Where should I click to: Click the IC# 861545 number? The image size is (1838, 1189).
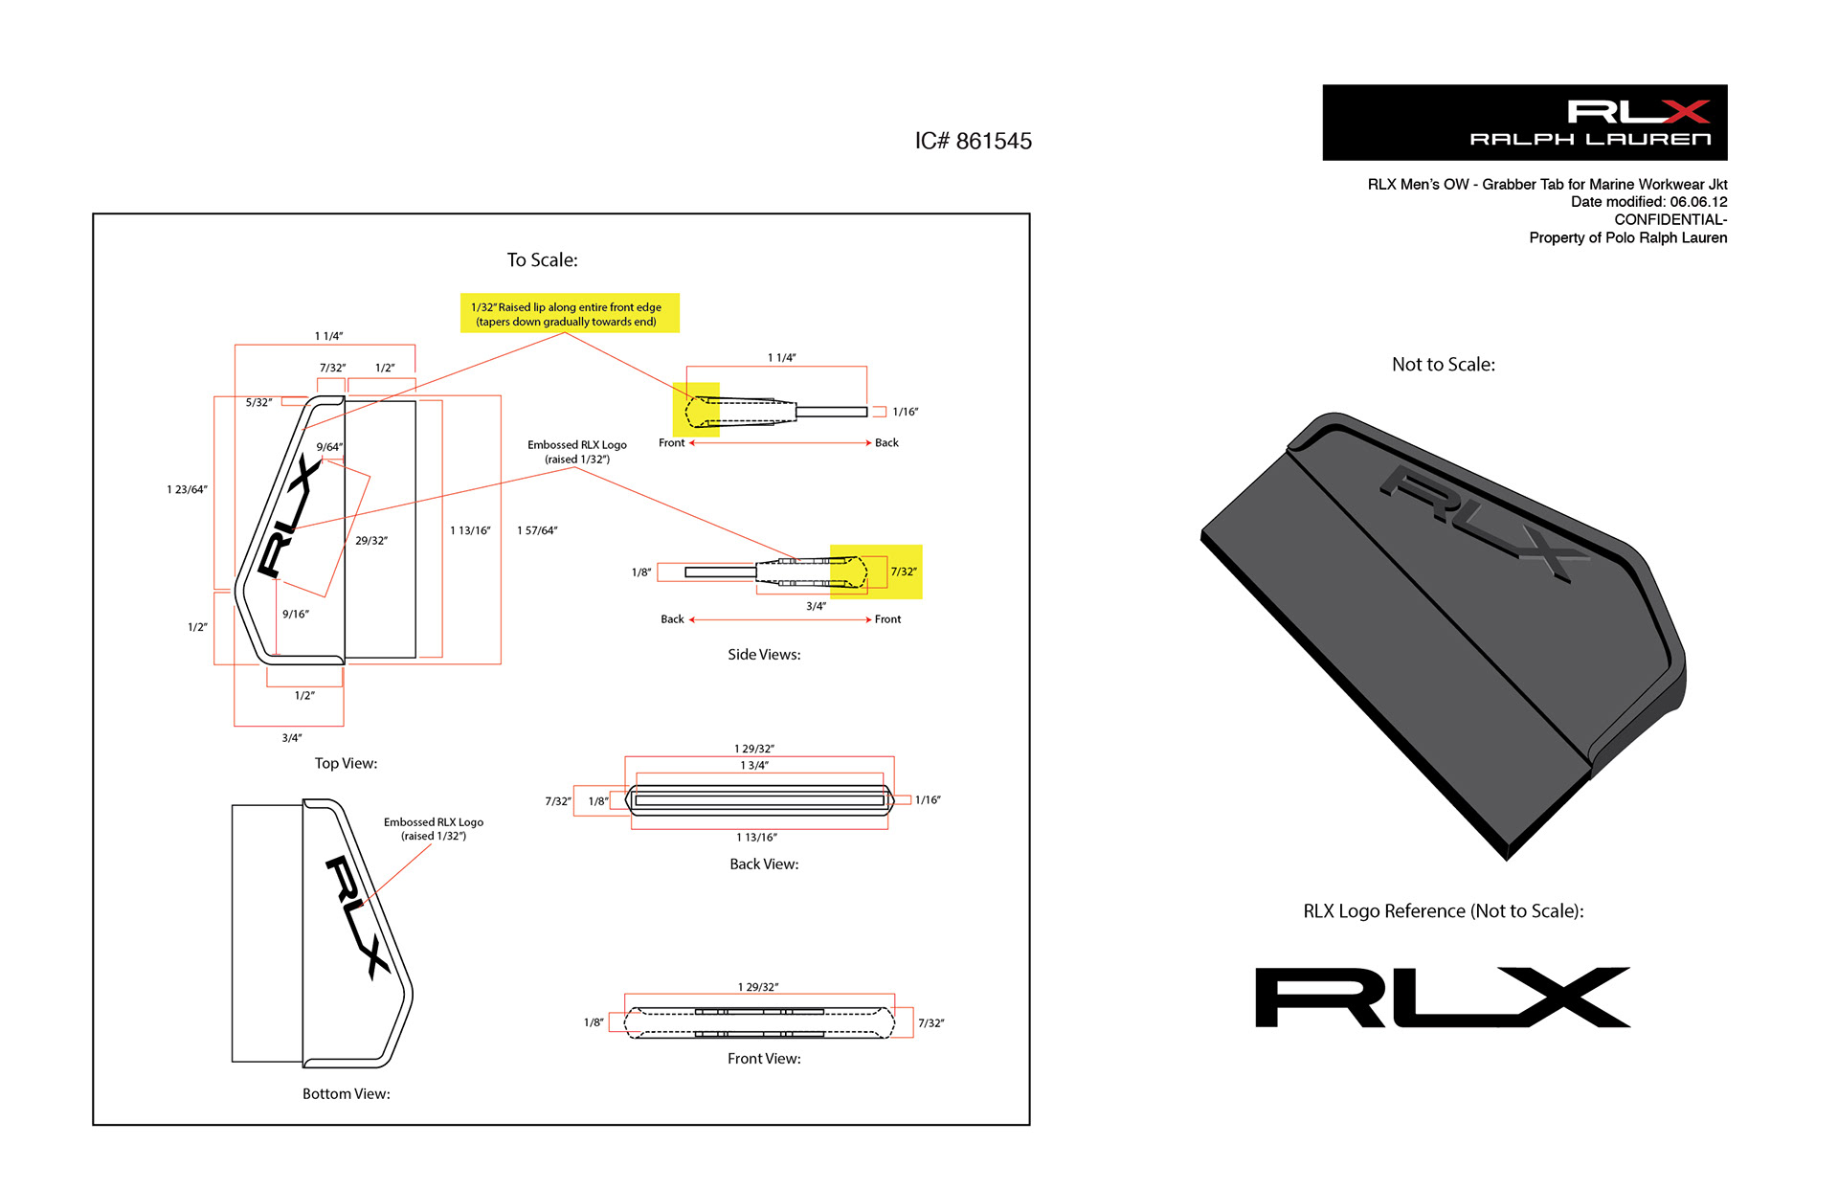(x=973, y=142)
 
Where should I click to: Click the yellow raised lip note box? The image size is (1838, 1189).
(x=570, y=313)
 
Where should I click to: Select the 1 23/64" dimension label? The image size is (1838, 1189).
(x=187, y=490)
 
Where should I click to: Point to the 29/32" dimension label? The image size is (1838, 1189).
(x=371, y=541)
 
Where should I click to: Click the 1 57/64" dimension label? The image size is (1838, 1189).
(x=537, y=530)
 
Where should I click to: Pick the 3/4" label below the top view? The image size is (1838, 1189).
(x=292, y=738)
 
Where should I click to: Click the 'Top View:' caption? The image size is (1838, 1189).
(x=346, y=763)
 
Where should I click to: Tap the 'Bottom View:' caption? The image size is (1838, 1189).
(x=346, y=1093)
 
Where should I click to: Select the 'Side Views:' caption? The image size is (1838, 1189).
(x=764, y=655)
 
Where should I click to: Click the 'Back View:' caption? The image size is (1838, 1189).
(x=764, y=864)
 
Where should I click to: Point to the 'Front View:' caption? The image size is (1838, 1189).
(x=764, y=1059)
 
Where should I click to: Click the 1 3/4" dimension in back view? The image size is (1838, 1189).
(x=754, y=766)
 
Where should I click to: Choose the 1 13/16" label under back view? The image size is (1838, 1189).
(x=756, y=838)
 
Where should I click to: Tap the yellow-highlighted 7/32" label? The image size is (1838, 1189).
(x=904, y=572)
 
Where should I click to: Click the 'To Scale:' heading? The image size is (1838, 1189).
(x=542, y=260)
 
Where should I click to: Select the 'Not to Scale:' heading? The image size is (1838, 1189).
(x=1443, y=365)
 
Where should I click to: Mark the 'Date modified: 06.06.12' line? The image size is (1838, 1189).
(x=1648, y=202)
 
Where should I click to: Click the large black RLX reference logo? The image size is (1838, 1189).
(x=1443, y=998)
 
